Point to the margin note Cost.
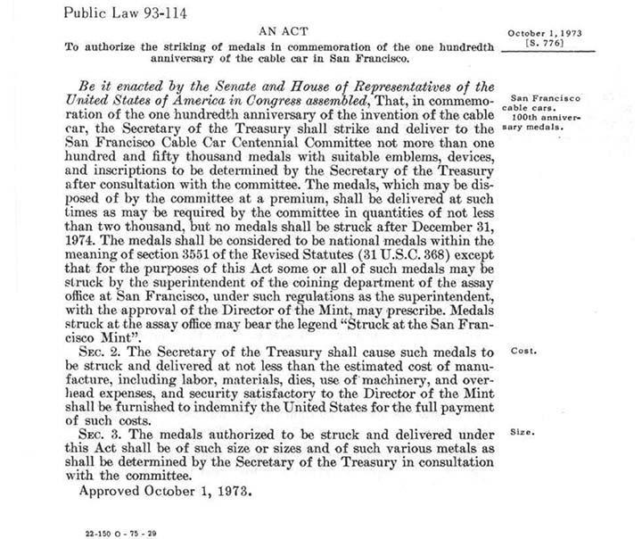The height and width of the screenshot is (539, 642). tap(523, 351)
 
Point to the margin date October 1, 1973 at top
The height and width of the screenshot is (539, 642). tap(544, 31)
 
